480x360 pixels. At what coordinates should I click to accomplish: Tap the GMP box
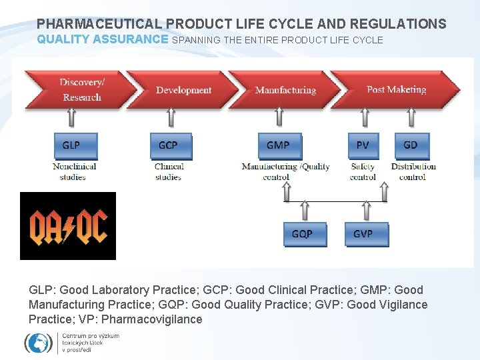[279, 146]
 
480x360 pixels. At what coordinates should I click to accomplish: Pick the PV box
[363, 146]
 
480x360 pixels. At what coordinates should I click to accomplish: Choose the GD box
[411, 146]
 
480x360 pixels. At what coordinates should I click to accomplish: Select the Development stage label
[183, 90]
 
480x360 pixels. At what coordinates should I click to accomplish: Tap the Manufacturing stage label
[285, 90]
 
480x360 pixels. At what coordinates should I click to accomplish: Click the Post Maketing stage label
[396, 89]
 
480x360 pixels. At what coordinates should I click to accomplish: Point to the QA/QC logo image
[68, 226]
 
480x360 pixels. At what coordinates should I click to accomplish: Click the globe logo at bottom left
[38, 343]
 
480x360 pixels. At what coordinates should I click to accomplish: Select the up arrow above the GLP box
[73, 119]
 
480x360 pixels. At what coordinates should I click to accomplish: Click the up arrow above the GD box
[411, 119]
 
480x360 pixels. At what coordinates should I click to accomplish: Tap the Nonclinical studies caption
[75, 171]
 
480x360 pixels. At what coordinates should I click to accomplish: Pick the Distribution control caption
[413, 171]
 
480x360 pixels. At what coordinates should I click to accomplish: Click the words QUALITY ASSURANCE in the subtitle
[103, 39]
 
